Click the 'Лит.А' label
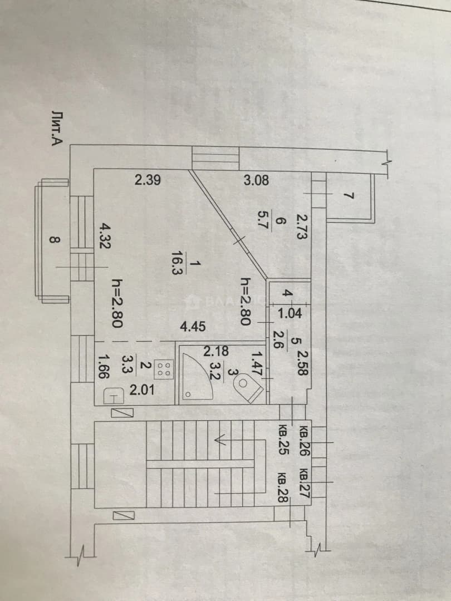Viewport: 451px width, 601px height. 57,129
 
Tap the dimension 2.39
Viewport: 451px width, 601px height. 148,180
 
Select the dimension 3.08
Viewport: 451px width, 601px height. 256,180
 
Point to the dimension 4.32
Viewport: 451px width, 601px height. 104,236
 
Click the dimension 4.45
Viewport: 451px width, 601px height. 193,327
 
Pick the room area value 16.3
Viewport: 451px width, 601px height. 178,263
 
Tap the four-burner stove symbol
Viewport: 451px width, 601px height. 164,369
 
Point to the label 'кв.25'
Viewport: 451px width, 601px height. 284,440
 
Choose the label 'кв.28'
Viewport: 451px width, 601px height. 284,487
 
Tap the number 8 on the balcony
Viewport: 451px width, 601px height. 55,240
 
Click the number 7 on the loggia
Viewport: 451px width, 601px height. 347,196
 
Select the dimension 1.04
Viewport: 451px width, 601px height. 290,313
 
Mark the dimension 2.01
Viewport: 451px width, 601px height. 142,390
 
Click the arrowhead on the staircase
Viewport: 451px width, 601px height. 220,440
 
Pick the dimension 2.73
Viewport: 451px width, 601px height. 301,226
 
